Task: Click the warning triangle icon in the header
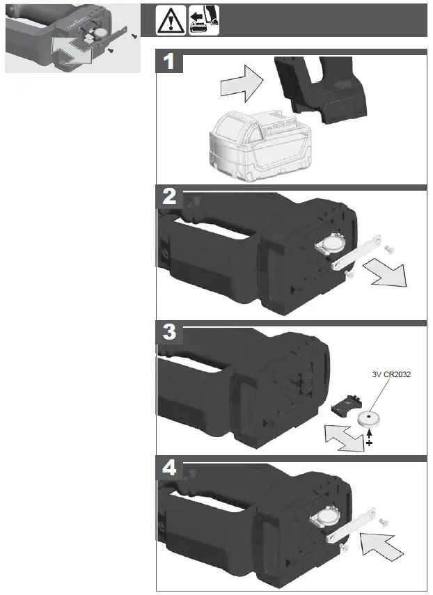point(168,22)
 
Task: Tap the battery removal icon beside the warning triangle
point(203,22)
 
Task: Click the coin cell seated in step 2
point(329,245)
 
